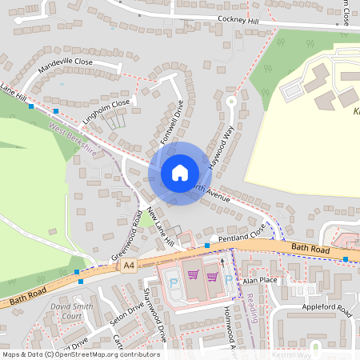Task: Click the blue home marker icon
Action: click(x=180, y=173)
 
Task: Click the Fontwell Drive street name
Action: click(x=171, y=121)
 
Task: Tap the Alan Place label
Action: click(x=260, y=281)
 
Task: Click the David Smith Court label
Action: click(x=72, y=311)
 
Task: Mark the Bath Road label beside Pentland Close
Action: click(x=310, y=250)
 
